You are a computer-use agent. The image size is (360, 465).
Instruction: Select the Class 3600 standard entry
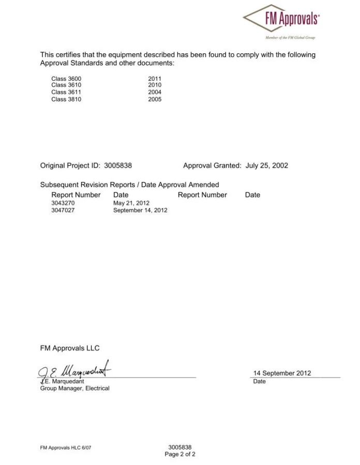click(66, 78)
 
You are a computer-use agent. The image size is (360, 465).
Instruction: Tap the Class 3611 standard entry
click(66, 92)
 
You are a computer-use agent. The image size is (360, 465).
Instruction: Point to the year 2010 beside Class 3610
click(155, 85)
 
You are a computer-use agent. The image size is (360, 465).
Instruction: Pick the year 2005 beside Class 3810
click(155, 99)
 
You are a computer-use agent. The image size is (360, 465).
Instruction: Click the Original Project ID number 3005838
click(118, 166)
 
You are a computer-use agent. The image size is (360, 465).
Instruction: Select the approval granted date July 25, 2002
click(267, 166)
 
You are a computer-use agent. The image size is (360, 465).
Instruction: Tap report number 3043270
click(63, 203)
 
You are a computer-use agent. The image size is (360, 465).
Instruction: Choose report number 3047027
click(63, 211)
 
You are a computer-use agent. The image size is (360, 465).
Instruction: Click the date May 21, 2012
click(131, 203)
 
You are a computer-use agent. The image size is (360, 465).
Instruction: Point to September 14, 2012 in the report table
click(140, 211)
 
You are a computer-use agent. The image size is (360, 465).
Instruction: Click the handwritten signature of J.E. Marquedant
click(75, 370)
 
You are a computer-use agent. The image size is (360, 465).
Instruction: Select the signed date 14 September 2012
click(282, 373)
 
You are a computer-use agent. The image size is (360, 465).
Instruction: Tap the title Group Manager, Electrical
click(75, 388)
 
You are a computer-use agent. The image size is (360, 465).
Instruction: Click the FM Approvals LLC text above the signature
click(70, 348)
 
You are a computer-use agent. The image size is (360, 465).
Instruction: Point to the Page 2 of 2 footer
click(180, 454)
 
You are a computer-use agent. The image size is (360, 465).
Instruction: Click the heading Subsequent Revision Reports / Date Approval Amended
click(129, 185)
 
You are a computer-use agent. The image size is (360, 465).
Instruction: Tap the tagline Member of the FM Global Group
click(290, 38)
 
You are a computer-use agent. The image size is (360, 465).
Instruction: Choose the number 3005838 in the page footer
click(180, 447)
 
